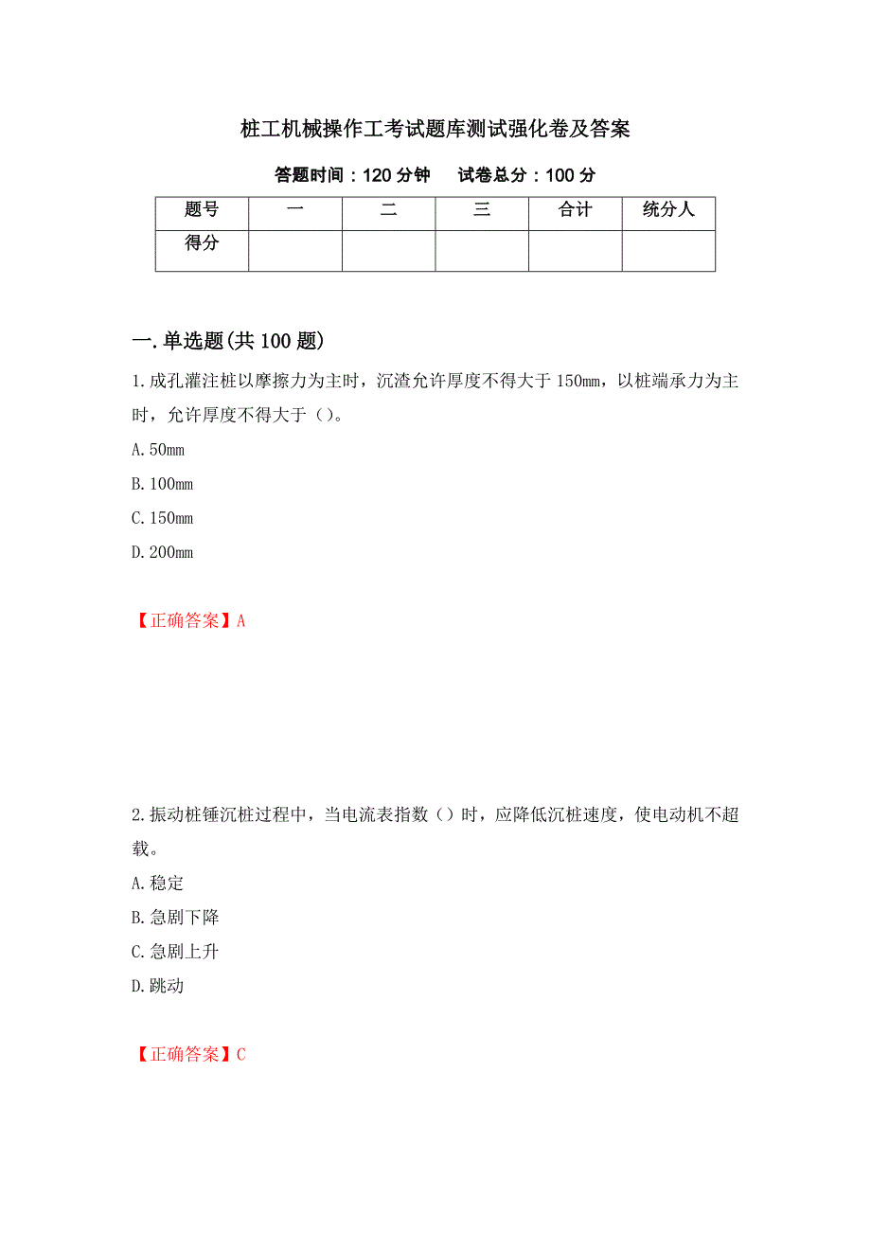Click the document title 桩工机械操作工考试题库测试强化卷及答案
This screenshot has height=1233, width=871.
click(x=435, y=130)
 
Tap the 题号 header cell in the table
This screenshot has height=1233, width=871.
click(x=202, y=210)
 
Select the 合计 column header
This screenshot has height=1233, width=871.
click(x=575, y=210)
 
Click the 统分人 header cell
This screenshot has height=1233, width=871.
click(x=668, y=210)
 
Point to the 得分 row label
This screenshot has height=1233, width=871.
click(x=202, y=243)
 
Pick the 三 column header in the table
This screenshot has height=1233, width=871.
click(x=482, y=210)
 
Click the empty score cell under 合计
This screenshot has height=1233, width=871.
click(x=575, y=251)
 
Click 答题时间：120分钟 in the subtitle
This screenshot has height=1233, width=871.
click(x=352, y=175)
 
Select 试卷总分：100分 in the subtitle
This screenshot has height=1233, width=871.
click(x=526, y=175)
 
